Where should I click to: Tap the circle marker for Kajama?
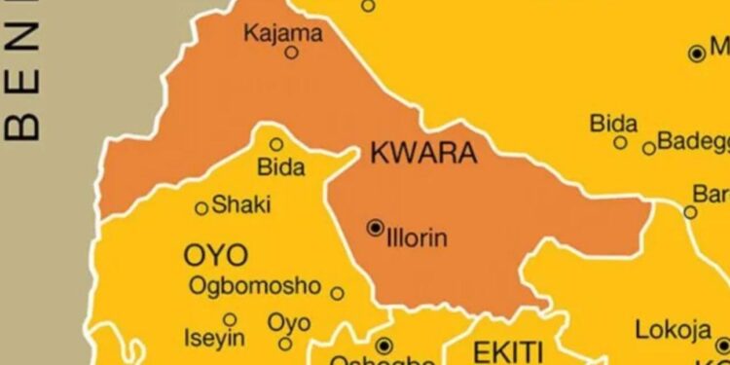pyautogui.click(x=291, y=53)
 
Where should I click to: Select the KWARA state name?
pyautogui.click(x=423, y=153)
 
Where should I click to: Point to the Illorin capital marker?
pyautogui.click(x=375, y=228)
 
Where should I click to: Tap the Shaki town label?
pyautogui.click(x=241, y=205)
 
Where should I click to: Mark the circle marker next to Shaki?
pyautogui.click(x=201, y=208)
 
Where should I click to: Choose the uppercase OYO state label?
pyautogui.click(x=215, y=256)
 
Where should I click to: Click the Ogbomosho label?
pyautogui.click(x=255, y=286)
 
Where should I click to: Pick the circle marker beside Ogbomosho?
pyautogui.click(x=337, y=293)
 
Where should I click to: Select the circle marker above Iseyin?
pyautogui.click(x=229, y=319)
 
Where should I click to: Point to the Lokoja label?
pyautogui.click(x=673, y=330)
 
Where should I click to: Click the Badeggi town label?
pyautogui.click(x=692, y=142)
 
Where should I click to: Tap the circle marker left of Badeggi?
pyautogui.click(x=649, y=148)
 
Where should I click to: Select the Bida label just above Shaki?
pyautogui.click(x=280, y=167)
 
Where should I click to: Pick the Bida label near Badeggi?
pyautogui.click(x=613, y=124)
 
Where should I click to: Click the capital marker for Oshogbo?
pyautogui.click(x=383, y=345)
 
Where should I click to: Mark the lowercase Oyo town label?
pyautogui.click(x=289, y=322)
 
